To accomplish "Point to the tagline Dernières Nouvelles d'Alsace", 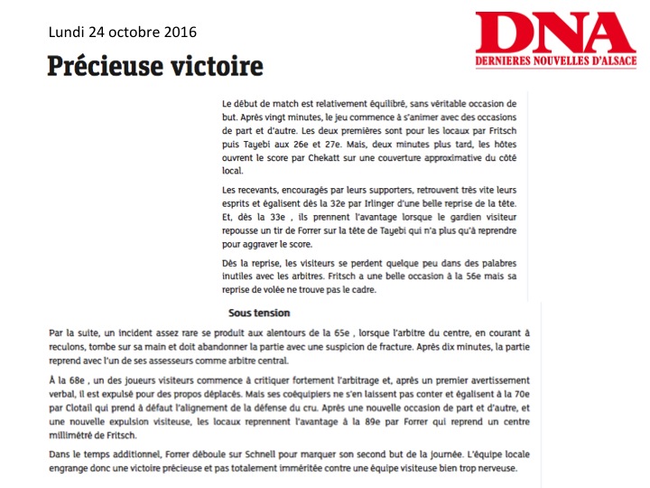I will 556,61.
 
